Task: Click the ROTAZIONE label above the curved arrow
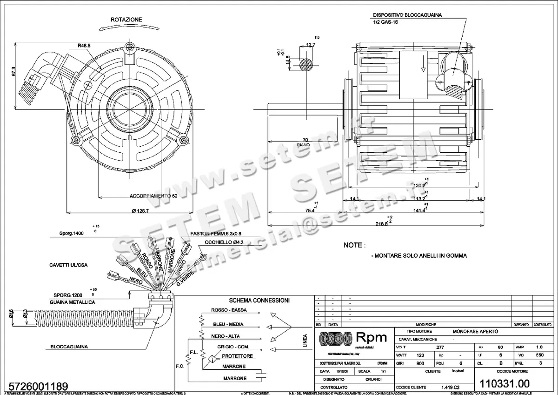126,20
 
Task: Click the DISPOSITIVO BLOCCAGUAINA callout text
407,15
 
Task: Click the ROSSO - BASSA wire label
229,310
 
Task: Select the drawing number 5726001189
35,386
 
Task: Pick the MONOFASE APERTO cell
475,331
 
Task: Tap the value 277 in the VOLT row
439,347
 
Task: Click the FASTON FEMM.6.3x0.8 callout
216,234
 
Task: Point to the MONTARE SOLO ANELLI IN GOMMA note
419,256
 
